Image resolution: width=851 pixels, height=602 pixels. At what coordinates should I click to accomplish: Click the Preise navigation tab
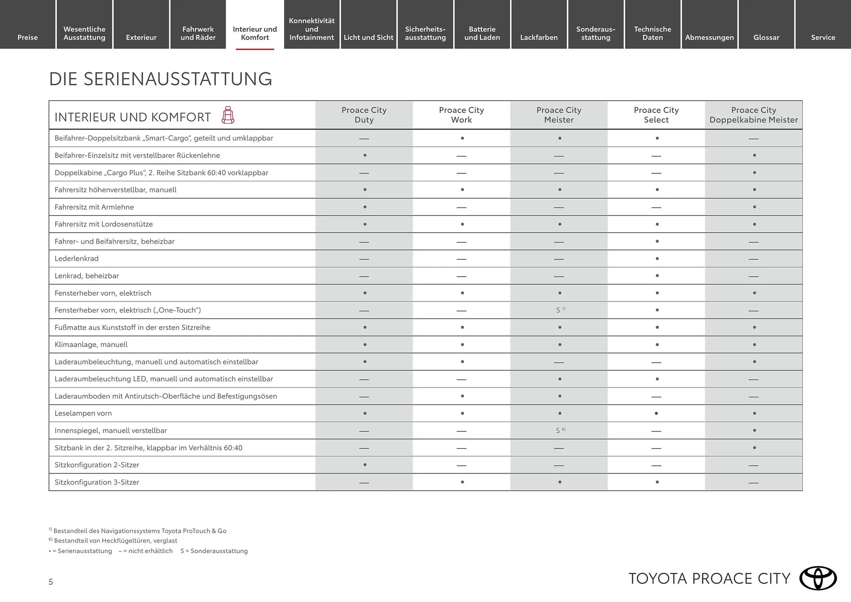27,37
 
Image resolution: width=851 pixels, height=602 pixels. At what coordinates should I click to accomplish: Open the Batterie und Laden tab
482,33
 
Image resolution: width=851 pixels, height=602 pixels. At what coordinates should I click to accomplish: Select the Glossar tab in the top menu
766,37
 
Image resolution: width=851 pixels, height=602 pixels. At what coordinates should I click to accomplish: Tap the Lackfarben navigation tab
539,37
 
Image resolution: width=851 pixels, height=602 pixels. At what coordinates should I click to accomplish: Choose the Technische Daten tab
652,33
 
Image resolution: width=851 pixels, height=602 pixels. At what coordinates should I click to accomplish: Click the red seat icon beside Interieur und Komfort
228,115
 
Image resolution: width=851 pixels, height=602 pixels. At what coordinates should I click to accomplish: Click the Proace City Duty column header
364,115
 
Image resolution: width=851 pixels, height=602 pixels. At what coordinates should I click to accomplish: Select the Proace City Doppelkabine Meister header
753,115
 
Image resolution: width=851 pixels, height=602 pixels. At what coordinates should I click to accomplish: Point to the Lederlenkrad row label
77,258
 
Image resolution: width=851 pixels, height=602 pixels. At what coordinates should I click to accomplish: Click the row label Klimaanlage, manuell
91,344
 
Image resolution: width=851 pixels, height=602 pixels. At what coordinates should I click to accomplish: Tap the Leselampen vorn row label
83,413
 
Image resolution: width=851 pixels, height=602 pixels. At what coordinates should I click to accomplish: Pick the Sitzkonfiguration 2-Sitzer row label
97,465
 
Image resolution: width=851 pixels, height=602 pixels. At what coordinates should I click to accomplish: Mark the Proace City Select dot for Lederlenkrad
657,258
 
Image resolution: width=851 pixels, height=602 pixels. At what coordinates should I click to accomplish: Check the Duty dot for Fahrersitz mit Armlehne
365,207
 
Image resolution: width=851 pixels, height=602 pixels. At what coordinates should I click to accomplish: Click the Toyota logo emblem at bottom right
818,578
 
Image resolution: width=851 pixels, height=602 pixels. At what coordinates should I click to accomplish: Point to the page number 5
51,582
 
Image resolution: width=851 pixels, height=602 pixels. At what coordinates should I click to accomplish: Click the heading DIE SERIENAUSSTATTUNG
160,79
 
